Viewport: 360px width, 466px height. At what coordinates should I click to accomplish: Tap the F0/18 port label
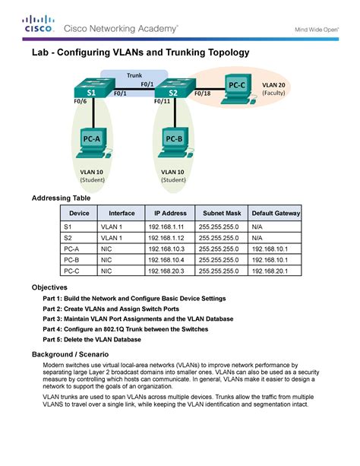203,94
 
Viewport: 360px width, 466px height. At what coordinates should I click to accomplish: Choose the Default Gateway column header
276,213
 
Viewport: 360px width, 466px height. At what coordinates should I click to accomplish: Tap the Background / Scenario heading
74,354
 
